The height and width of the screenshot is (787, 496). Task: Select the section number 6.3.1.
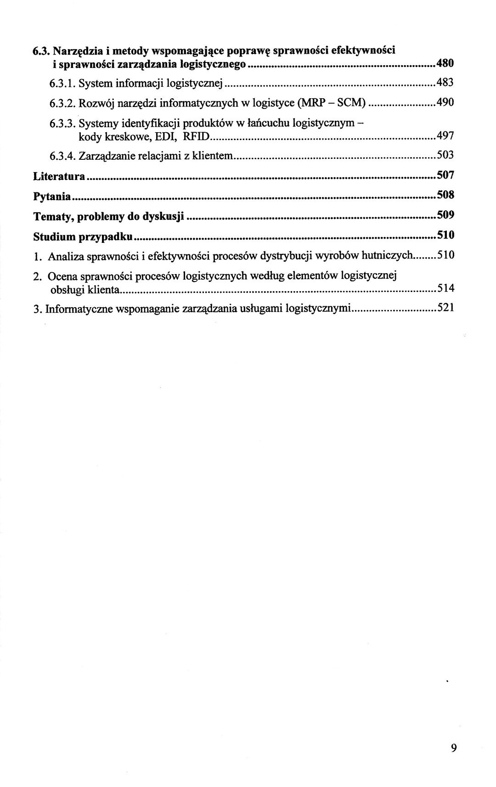[62, 83]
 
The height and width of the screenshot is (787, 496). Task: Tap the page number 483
[445, 83]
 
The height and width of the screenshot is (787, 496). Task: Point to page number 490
[445, 102]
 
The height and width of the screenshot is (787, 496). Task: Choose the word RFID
[196, 136]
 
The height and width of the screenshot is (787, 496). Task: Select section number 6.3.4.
[62, 156]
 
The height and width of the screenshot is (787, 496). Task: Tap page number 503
[445, 155]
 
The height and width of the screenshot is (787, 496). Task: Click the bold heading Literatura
[59, 176]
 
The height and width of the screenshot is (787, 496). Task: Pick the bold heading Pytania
[52, 197]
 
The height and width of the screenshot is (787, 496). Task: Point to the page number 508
[445, 195]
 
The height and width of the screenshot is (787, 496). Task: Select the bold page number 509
[445, 215]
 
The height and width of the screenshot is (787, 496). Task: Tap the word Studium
[55, 236]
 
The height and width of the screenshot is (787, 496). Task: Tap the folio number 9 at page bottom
[454, 748]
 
